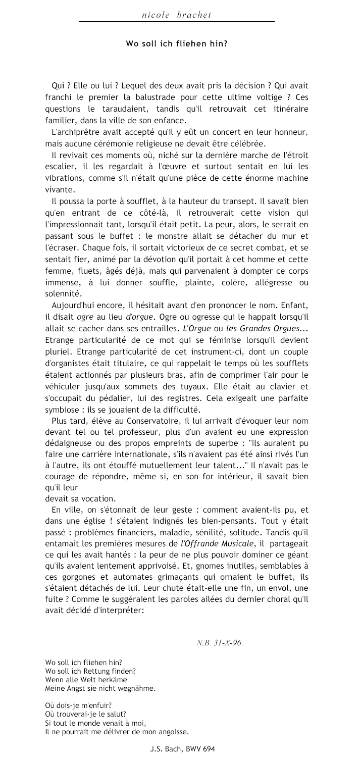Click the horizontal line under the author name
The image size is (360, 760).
point(176,22)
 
